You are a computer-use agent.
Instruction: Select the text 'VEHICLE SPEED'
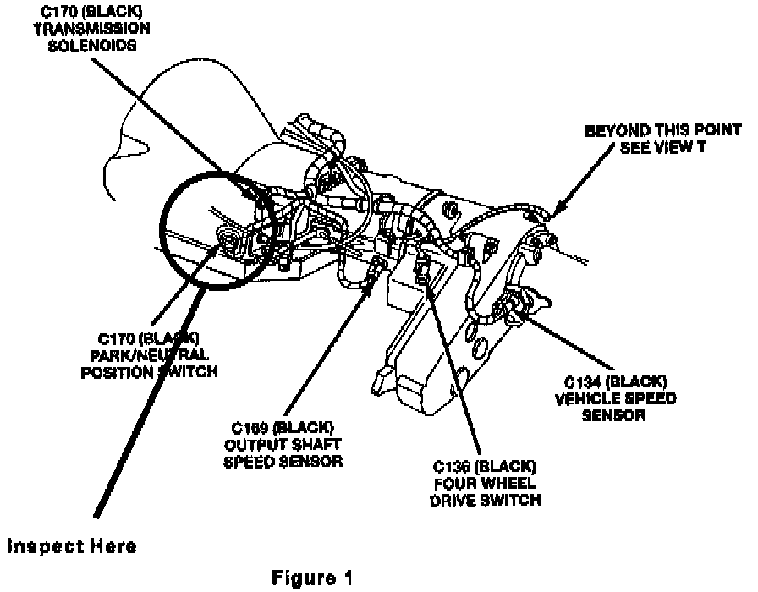tap(614, 399)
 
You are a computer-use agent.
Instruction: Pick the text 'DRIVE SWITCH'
tap(486, 501)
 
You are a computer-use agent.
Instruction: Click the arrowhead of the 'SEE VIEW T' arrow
tap(552, 213)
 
